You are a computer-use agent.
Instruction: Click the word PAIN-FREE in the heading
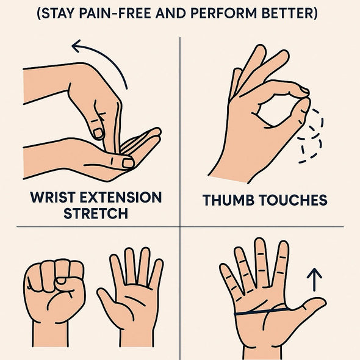(115, 13)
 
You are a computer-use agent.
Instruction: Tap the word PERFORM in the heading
(223, 13)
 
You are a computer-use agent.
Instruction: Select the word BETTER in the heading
(287, 13)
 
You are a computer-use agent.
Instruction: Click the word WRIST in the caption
(53, 197)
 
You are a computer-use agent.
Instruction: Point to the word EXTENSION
(121, 197)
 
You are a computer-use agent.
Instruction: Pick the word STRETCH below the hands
(96, 214)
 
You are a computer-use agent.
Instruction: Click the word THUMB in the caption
(228, 200)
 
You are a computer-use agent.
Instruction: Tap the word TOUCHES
(293, 200)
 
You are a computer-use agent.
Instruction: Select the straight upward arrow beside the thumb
(314, 279)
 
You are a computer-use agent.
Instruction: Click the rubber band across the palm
(262, 312)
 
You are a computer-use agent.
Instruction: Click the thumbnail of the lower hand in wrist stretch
(128, 163)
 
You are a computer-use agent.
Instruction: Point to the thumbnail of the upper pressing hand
(98, 133)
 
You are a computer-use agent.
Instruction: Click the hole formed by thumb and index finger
(275, 110)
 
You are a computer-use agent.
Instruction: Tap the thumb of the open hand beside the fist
(107, 298)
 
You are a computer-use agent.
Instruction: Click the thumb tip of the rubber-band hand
(322, 301)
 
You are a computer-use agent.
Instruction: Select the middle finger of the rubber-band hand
(261, 262)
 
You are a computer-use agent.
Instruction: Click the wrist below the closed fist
(50, 334)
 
